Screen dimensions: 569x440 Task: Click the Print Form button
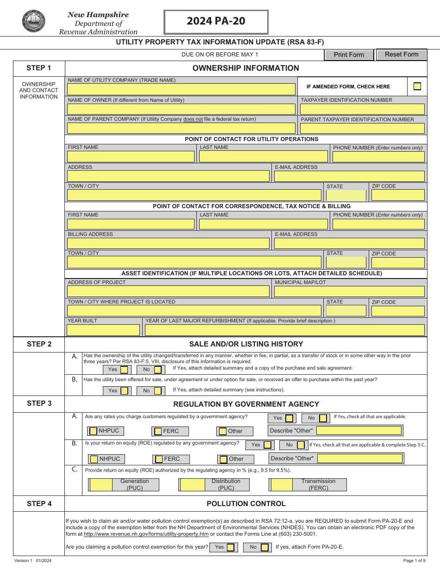click(x=349, y=55)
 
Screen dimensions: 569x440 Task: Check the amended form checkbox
click(x=417, y=86)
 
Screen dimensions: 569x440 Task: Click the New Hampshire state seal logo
click(x=33, y=21)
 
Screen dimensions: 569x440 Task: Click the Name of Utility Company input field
click(x=181, y=89)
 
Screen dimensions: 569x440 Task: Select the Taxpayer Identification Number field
click(x=362, y=109)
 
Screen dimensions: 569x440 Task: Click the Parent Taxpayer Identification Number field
click(x=362, y=128)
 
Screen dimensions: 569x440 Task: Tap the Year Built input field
click(x=103, y=330)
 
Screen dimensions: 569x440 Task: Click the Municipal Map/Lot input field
click(x=349, y=291)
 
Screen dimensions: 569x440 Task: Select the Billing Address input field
click(x=168, y=243)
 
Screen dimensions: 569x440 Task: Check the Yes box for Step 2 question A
click(x=124, y=370)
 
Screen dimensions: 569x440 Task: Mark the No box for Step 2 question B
click(x=157, y=391)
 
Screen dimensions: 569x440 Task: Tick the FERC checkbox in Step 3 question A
click(x=158, y=431)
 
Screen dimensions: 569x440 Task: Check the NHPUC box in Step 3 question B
click(x=94, y=459)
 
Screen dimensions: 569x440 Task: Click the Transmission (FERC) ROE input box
click(x=282, y=485)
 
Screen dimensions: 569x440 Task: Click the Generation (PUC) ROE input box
click(x=101, y=485)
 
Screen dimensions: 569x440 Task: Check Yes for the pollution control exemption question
click(x=230, y=547)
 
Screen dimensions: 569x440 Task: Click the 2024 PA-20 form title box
click(x=216, y=22)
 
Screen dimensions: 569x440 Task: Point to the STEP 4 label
click(x=39, y=504)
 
